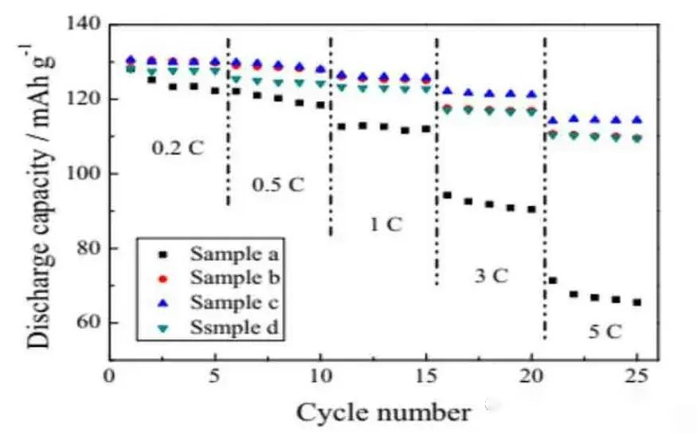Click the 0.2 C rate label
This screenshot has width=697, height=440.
pyautogui.click(x=178, y=147)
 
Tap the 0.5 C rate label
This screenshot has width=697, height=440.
pyautogui.click(x=278, y=185)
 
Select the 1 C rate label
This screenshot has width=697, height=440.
pyautogui.click(x=385, y=224)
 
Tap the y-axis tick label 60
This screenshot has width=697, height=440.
pyautogui.click(x=88, y=323)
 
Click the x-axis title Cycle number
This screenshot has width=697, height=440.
pyautogui.click(x=383, y=413)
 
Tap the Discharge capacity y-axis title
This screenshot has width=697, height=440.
pyautogui.click(x=37, y=191)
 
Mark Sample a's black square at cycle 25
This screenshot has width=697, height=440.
pyautogui.click(x=637, y=302)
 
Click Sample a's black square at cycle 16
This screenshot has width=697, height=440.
pyautogui.click(x=447, y=195)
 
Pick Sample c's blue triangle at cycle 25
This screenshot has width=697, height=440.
pyautogui.click(x=637, y=120)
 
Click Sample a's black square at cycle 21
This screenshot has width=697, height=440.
pyautogui.click(x=553, y=280)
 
